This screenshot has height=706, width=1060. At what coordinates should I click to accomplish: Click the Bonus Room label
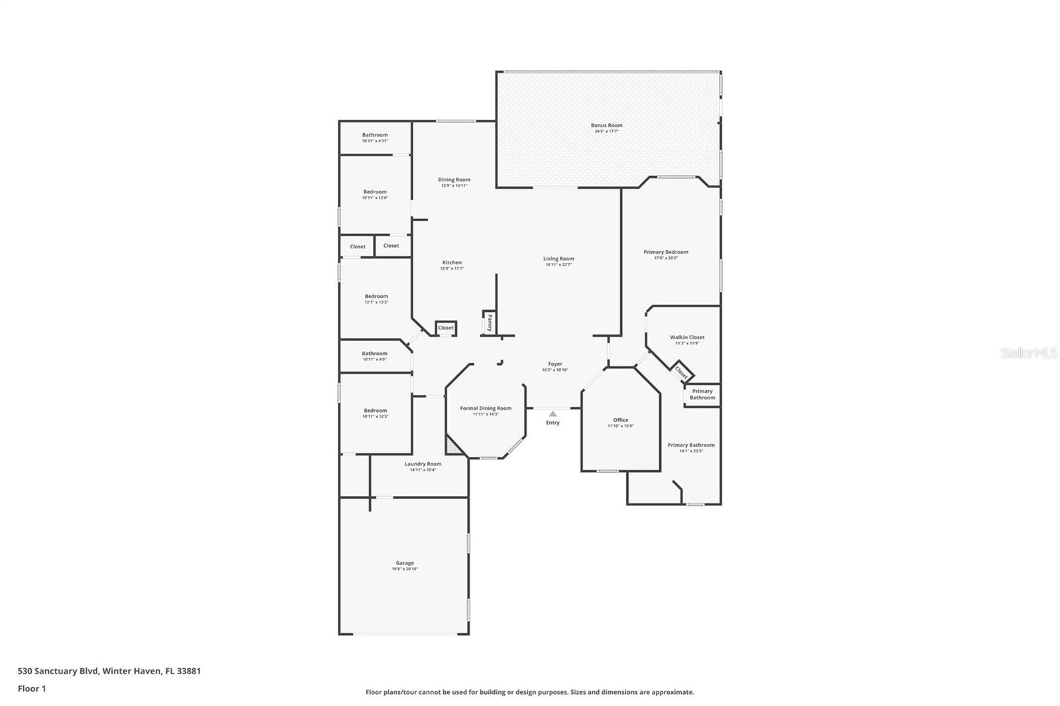[606, 125]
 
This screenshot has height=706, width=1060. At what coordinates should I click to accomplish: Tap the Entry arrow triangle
[553, 414]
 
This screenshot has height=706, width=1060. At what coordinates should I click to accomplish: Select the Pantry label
[489, 323]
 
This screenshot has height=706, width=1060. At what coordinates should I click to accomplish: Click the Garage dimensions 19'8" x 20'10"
[404, 569]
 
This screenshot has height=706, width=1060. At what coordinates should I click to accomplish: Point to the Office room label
[620, 420]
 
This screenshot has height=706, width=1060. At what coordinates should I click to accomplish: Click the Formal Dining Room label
[486, 408]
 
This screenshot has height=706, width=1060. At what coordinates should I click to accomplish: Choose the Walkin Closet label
[687, 337]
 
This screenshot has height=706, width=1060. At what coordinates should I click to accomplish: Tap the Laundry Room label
[423, 464]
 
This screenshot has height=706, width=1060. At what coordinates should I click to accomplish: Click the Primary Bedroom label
[666, 252]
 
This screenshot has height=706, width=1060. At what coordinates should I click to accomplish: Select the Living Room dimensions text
[558, 265]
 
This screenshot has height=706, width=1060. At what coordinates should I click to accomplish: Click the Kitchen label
[452, 262]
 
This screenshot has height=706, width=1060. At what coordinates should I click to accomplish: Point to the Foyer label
[555, 364]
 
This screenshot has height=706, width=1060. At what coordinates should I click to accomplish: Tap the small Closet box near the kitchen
[446, 328]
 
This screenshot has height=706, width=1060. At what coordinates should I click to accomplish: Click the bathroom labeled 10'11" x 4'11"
[375, 138]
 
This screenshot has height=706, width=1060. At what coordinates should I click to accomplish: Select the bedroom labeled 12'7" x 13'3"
[376, 299]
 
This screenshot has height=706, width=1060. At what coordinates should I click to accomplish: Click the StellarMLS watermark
[1028, 354]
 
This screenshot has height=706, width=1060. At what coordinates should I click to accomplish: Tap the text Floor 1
[32, 689]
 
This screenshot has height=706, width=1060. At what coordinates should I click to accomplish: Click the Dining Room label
[454, 179]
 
